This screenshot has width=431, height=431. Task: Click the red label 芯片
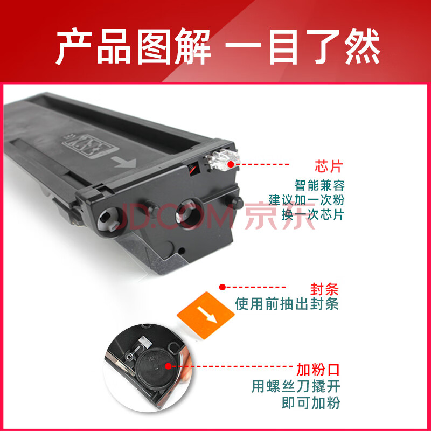tap(329, 166)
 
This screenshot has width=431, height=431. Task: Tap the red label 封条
tap(325, 289)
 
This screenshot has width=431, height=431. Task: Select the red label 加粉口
tap(318, 370)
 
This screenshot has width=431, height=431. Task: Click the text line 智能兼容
tap(319, 185)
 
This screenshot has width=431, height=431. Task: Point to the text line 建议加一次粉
tap(307, 200)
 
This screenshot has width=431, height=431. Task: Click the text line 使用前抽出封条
tap(287, 304)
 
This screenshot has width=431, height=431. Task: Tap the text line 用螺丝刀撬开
tap(296, 386)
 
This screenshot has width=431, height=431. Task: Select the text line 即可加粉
tap(311, 402)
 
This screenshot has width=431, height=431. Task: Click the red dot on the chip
tap(231, 164)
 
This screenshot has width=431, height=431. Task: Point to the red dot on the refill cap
tap(168, 366)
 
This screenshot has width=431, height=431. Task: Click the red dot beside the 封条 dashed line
tap(223, 287)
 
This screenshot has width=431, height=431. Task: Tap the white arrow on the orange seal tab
tap(207, 315)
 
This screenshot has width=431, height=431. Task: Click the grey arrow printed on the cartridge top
tap(126, 162)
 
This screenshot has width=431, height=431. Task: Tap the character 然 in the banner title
tap(363, 46)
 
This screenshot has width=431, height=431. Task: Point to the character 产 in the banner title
tap(74, 46)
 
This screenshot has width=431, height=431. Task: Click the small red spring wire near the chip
tap(193, 168)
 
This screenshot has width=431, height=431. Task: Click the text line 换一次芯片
tap(313, 214)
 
